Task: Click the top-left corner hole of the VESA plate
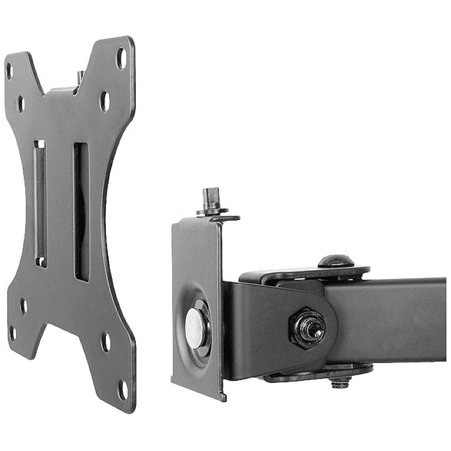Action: [9, 70]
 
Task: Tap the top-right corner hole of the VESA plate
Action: [121, 58]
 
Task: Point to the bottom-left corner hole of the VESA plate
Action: [13, 333]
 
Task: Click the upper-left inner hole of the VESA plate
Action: [20, 104]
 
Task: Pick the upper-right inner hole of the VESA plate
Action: [105, 101]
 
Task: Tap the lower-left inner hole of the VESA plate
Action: [23, 306]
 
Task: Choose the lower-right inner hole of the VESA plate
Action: [106, 342]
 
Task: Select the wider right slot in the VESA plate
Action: [82, 212]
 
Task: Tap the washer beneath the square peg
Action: [212, 210]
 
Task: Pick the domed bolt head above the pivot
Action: [336, 261]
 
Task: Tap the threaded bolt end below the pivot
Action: [341, 383]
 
